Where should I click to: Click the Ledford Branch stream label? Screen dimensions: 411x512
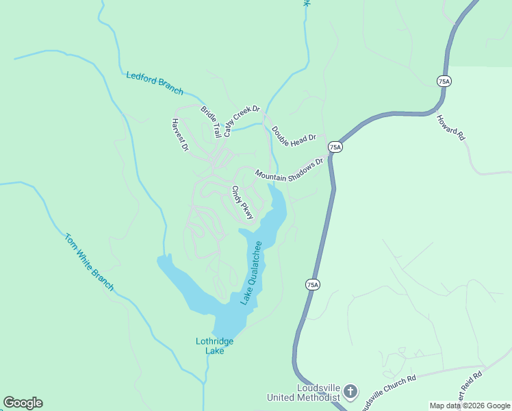click(x=155, y=82)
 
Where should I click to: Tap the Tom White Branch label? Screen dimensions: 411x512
click(x=89, y=262)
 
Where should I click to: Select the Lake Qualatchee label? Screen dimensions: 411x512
click(x=251, y=273)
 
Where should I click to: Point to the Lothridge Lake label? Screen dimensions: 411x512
click(x=215, y=346)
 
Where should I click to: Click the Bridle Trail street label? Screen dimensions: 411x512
click(x=211, y=121)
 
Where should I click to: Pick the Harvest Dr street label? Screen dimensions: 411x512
click(x=179, y=134)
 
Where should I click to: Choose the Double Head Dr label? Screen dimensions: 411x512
click(x=294, y=134)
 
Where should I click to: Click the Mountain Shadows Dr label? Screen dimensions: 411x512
click(x=289, y=171)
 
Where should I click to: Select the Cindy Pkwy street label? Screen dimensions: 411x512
click(x=242, y=203)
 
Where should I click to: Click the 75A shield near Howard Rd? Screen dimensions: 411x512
click(x=444, y=82)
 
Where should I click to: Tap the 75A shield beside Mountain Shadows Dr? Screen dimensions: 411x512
click(x=335, y=147)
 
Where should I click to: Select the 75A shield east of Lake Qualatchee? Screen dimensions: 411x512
click(x=312, y=284)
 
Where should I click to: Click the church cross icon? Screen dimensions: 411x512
click(x=350, y=393)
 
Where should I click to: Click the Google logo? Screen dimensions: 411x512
click(x=23, y=403)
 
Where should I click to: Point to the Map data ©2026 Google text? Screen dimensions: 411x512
click(x=470, y=406)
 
